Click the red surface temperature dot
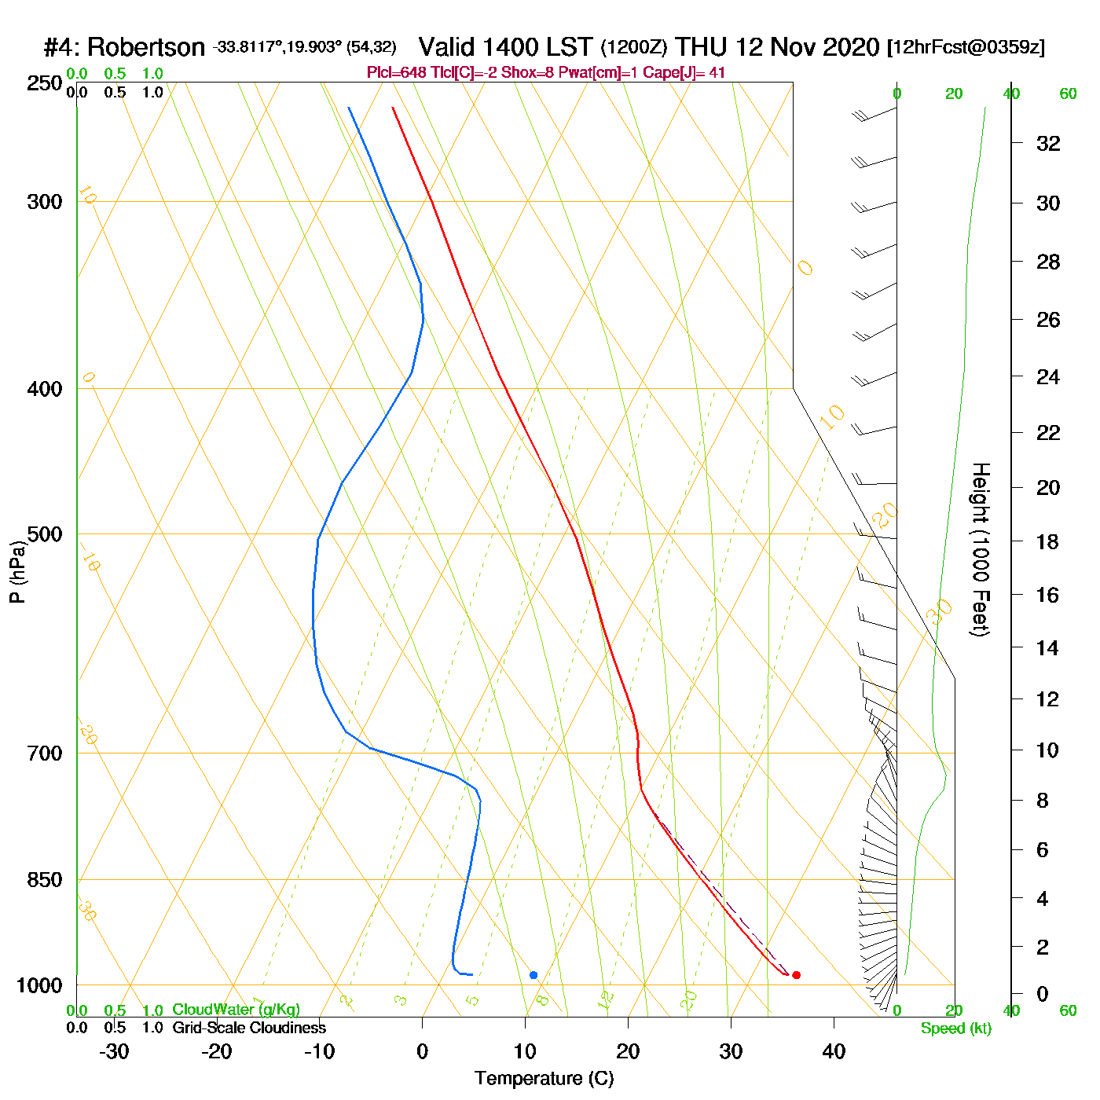point(796,975)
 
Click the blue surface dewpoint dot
point(533,975)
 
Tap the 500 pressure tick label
point(45,534)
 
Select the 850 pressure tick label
point(45,880)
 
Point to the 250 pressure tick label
point(45,83)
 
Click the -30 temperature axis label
point(114,1051)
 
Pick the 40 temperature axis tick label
point(834,1051)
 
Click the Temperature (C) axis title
point(544,1079)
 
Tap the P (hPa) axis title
point(17,571)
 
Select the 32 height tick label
point(1048,144)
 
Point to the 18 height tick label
point(1048,541)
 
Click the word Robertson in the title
point(145,48)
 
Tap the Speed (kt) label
point(956,1028)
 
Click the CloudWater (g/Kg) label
point(236,1010)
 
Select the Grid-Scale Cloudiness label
point(249,1028)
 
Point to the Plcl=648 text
point(397,73)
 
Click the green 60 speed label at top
point(1068,94)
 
